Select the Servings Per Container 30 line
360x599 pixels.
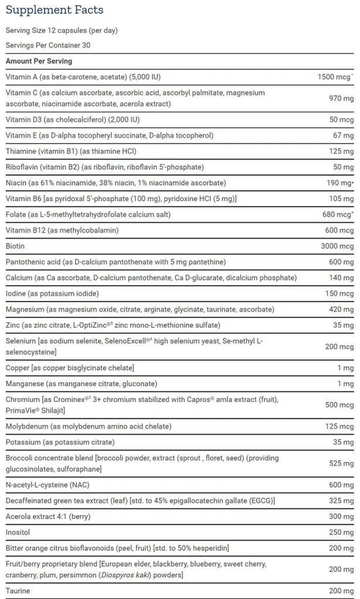click(48, 45)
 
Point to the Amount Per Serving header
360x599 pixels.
click(39, 61)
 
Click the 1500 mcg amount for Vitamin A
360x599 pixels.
click(335, 77)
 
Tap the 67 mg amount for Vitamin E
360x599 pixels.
click(344, 136)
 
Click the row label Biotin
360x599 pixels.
click(16, 246)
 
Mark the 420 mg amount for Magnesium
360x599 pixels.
click(341, 309)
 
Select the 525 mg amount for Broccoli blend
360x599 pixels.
click(341, 463)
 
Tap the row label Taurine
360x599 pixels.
click(18, 591)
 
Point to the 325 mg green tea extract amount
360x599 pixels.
click(341, 501)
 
